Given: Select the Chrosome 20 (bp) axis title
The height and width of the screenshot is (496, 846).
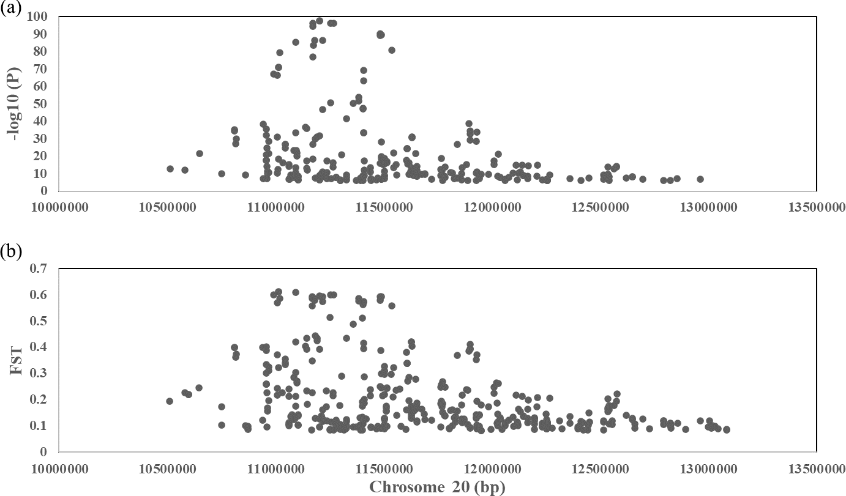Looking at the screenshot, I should pos(437,487).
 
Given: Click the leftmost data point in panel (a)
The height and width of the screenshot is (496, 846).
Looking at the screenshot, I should pos(170,169).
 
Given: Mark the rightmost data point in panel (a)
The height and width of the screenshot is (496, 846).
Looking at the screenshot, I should pos(700,179).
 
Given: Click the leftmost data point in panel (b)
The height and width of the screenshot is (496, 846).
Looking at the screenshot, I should pos(170,401).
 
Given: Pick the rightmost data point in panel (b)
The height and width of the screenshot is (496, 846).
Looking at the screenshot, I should pos(727,429).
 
